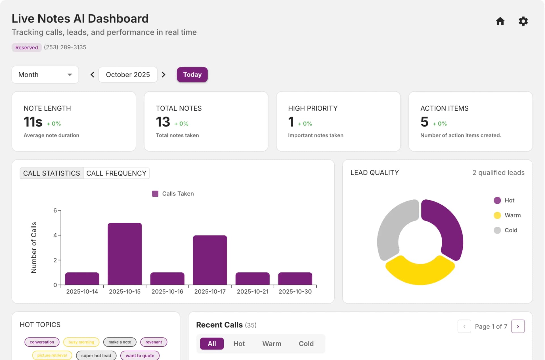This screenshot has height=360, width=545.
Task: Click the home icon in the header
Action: pos(500,21)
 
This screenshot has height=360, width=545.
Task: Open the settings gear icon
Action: pos(523,21)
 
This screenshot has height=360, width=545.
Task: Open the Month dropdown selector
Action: pos(45,75)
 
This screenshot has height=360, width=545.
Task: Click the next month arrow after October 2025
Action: pos(163,75)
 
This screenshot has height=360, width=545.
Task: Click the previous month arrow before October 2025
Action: pos(92,75)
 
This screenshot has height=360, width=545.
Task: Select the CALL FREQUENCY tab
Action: pos(116,173)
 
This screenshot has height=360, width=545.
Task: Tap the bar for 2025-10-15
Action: pos(125,254)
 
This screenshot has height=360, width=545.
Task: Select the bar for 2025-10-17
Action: pos(210,260)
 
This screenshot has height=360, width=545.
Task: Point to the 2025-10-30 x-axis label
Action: pos(295,292)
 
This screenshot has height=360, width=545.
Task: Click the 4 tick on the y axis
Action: pos(55,235)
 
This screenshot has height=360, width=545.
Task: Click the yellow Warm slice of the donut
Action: pos(420,272)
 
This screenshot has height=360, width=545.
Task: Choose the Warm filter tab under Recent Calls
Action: pos(271,344)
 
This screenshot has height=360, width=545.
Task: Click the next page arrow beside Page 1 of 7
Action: pos(518,327)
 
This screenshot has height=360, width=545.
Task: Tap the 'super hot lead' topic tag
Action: pos(96,355)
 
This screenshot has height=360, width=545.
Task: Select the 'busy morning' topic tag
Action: pos(81,342)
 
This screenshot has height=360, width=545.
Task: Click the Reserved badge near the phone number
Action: pos(26,47)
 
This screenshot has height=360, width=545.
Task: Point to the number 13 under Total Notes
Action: pos(163,122)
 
